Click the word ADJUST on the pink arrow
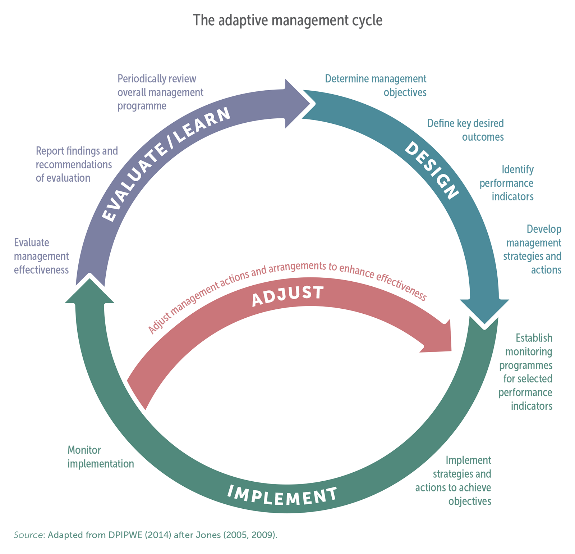287,296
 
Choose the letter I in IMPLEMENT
230,490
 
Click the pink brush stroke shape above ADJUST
287,241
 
